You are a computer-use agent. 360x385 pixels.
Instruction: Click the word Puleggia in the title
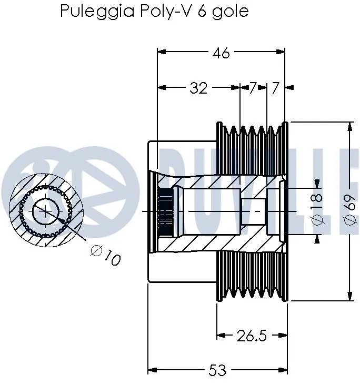pos(91,11)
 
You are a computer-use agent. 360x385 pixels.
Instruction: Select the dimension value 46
pos(222,53)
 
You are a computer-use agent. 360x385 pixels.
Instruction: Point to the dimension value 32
pos(198,88)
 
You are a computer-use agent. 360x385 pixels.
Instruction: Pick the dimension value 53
pos(217,370)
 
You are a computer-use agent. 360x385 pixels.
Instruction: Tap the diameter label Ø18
pos(318,210)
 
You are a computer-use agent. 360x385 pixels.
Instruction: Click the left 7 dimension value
pos(253,88)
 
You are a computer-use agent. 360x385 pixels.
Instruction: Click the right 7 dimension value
pos(275,88)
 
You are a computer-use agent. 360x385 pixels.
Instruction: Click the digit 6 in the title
pos(202,11)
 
